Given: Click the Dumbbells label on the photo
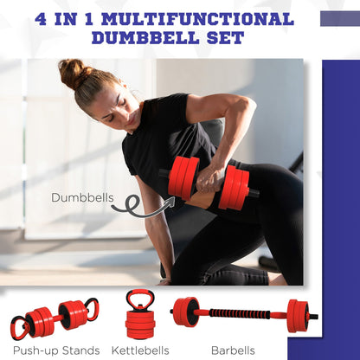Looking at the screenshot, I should click(82, 197).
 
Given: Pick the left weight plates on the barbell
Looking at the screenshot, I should click(185, 312).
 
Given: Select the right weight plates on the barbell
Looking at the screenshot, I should click(297, 315).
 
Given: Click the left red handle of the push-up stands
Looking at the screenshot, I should click(18, 328).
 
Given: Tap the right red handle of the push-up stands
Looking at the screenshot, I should click(91, 309).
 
